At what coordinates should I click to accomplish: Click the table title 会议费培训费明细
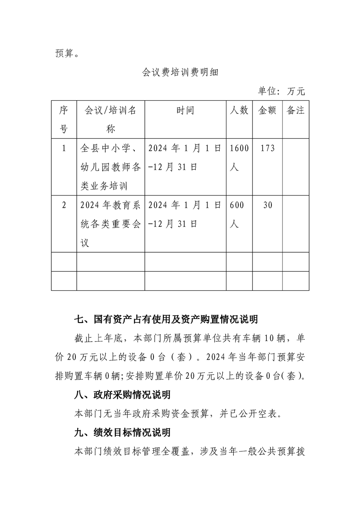pyautogui.click(x=180, y=73)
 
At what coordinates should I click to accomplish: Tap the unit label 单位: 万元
pyautogui.click(x=281, y=91)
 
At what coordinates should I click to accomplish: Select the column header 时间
pyautogui.click(x=185, y=110)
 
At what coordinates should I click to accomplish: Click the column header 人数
pyautogui.click(x=239, y=110)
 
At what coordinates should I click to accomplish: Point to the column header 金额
pyautogui.click(x=267, y=110)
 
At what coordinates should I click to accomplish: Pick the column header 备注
pyautogui.click(x=296, y=110)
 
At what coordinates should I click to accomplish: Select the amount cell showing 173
pyautogui.click(x=267, y=148)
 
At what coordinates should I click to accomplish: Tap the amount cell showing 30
pyautogui.click(x=267, y=205)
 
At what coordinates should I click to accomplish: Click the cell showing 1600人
pyautogui.click(x=239, y=157)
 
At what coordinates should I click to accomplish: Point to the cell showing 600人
pyautogui.click(x=237, y=214)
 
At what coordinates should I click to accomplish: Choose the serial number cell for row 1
pyautogui.click(x=64, y=148)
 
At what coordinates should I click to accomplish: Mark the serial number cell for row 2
pyautogui.click(x=64, y=205)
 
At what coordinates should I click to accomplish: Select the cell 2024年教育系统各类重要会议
pyautogui.click(x=110, y=224)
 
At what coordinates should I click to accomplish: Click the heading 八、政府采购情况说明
pyautogui.click(x=122, y=395)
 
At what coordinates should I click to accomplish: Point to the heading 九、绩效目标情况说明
pyautogui.click(x=122, y=432)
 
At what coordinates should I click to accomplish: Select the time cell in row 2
pyautogui.click(x=185, y=214)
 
